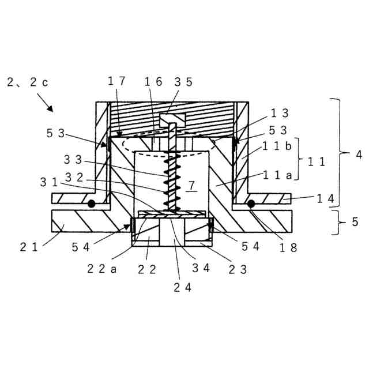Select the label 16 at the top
(x=153, y=83)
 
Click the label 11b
(x=277, y=146)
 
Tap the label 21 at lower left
(x=29, y=247)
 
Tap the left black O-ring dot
(x=91, y=204)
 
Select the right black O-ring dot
(x=251, y=204)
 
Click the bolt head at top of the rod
(x=172, y=120)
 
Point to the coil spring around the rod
(x=171, y=179)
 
